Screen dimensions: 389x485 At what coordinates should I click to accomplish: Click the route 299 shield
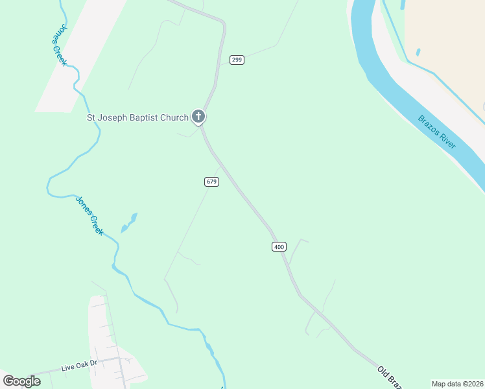(237, 60)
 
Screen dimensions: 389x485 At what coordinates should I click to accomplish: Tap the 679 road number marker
(211, 182)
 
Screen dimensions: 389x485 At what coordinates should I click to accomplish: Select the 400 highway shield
(279, 246)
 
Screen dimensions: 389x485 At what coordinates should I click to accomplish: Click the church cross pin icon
(198, 117)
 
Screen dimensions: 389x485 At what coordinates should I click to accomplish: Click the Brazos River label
(437, 132)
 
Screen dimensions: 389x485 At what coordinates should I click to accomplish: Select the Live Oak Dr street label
(78, 367)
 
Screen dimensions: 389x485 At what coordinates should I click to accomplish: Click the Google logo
(21, 381)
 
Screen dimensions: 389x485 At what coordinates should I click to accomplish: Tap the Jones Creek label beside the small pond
(89, 215)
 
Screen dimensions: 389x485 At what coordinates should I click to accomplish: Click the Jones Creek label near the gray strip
(60, 44)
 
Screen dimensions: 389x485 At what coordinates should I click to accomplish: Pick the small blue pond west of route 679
(129, 222)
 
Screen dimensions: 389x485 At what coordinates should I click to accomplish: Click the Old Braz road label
(389, 377)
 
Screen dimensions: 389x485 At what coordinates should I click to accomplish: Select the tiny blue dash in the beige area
(418, 52)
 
